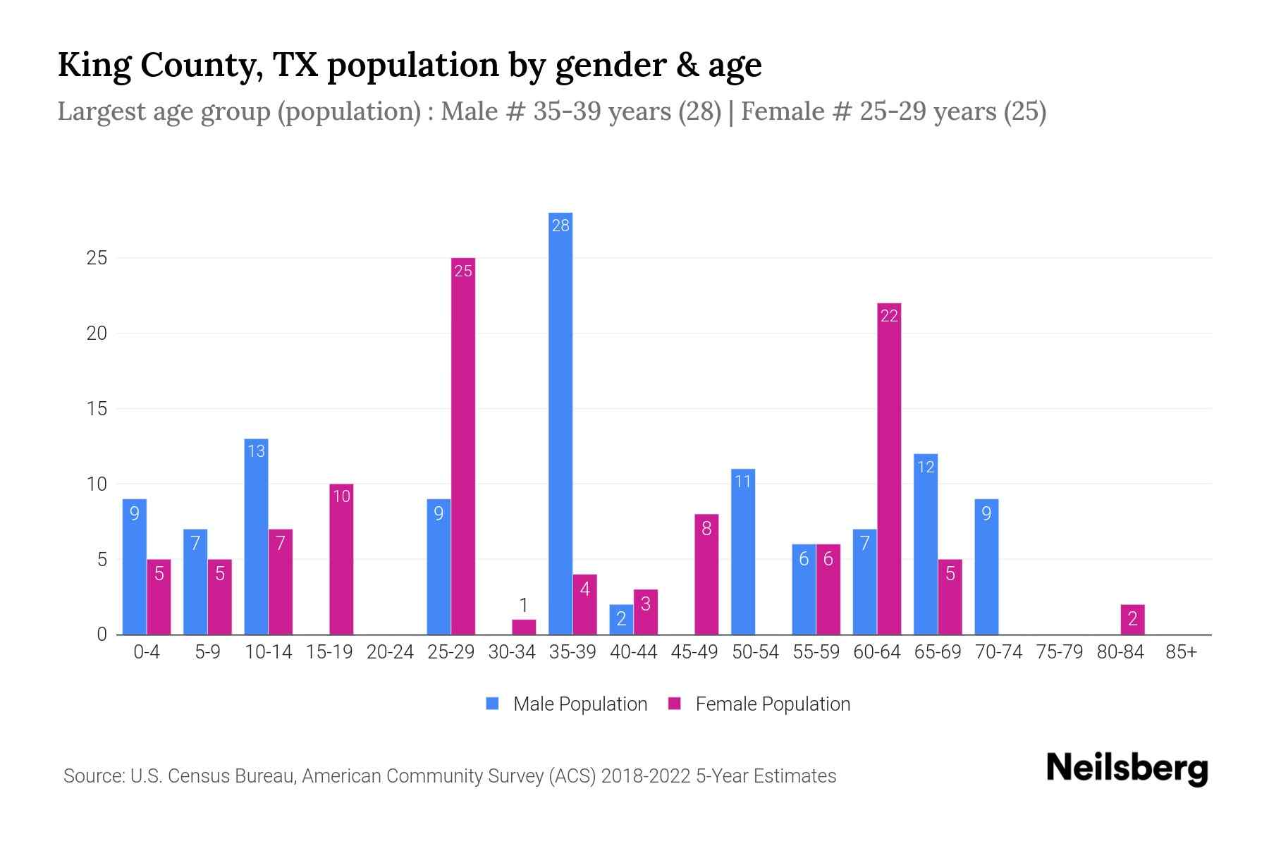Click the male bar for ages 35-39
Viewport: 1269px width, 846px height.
(x=560, y=423)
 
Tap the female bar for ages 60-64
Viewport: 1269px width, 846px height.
(x=889, y=469)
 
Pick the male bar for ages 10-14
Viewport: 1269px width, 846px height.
(x=256, y=537)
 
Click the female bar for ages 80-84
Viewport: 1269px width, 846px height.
(x=1132, y=620)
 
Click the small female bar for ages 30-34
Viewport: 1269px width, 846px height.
(x=524, y=627)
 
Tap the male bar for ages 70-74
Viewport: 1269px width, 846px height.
(x=986, y=567)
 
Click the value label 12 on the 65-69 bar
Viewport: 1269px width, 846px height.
(x=925, y=467)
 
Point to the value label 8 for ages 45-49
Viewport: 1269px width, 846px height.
(x=706, y=528)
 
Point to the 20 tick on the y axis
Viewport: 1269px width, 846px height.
(x=97, y=333)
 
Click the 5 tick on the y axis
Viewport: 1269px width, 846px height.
(x=102, y=560)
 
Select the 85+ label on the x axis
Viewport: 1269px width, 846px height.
(x=1181, y=652)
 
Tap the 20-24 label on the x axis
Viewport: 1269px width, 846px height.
(x=390, y=652)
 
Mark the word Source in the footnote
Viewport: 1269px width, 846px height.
(x=93, y=776)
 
